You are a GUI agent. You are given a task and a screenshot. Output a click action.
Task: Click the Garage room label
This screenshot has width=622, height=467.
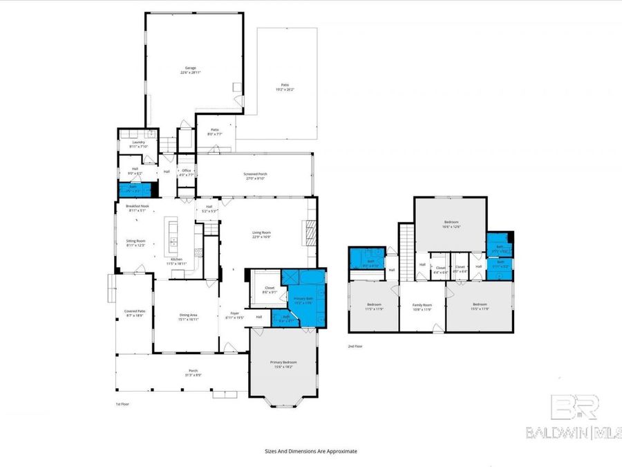coord(190,70)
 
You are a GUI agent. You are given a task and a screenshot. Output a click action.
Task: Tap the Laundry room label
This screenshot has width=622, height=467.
coord(139,144)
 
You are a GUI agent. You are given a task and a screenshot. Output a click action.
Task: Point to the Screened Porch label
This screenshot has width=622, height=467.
coord(255,176)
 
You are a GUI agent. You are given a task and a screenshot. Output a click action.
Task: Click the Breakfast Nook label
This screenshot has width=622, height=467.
coord(138,208)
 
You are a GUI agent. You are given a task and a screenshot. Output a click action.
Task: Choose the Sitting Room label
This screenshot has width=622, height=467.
coord(135,243)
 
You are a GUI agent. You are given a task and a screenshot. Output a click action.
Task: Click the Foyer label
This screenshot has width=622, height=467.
coord(235,315)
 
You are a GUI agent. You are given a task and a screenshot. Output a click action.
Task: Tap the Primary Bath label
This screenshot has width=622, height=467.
coord(303,299)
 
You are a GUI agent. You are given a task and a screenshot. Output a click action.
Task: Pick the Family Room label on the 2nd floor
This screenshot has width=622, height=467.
coord(422,306)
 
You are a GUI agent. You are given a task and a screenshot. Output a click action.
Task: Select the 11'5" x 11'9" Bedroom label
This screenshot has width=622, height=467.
coord(374,306)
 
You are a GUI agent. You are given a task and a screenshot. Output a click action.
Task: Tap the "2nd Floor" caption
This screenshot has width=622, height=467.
coord(356,347)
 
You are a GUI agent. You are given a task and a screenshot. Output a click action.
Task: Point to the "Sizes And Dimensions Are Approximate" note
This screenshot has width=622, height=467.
coord(311,450)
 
